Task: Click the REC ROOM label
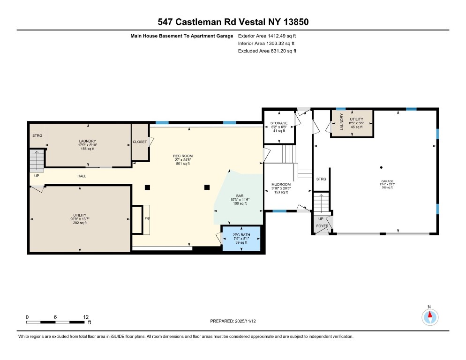(184, 156)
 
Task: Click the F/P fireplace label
(147, 219)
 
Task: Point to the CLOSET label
(140, 142)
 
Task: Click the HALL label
(82, 176)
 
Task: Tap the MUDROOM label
(281, 185)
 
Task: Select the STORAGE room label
(279, 123)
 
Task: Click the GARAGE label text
(387, 181)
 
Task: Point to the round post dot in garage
(382, 167)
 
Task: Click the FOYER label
(322, 226)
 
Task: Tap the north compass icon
(429, 317)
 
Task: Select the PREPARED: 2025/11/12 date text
(233, 321)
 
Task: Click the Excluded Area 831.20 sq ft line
(267, 51)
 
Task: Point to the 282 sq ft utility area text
(79, 223)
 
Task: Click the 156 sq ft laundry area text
(88, 149)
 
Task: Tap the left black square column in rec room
(147, 187)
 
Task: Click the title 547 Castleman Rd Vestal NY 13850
(233, 22)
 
